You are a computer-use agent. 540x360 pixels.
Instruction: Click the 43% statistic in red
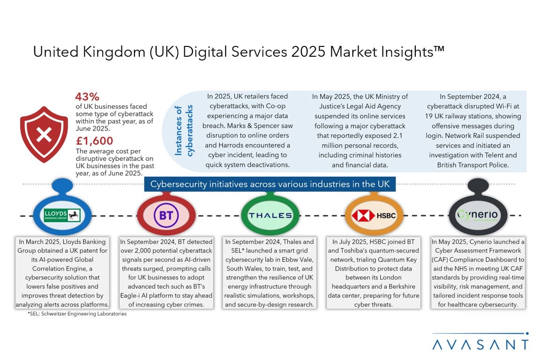tap(87, 97)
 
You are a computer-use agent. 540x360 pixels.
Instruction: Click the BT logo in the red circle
tap(166, 215)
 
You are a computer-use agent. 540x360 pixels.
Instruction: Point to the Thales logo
tap(270, 216)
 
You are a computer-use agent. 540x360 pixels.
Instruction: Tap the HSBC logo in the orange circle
tap(374, 216)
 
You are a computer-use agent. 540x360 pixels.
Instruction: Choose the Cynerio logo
tap(478, 215)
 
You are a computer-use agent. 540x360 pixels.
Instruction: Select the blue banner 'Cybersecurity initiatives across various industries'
tap(270, 183)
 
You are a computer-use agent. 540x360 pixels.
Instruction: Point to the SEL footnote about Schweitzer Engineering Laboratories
tap(77, 314)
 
